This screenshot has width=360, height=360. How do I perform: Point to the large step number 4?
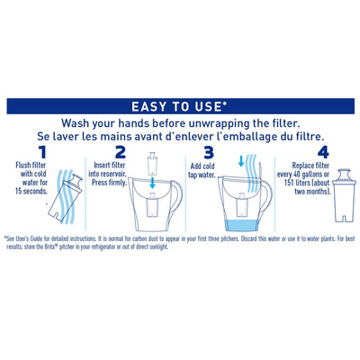point(296,152)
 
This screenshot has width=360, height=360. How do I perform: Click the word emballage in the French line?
point(248,138)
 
